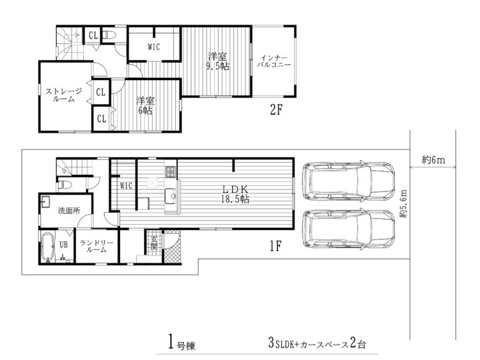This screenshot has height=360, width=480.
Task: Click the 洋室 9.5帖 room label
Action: point(217,61)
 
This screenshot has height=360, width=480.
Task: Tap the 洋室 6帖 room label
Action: point(145,105)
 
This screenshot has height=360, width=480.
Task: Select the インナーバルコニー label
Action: point(274,61)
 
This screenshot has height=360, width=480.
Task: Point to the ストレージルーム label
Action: point(64,95)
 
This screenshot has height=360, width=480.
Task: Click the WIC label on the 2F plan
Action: point(154,47)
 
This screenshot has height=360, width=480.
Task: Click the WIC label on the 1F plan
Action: point(126,185)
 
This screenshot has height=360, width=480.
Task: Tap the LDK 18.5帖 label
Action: point(235,194)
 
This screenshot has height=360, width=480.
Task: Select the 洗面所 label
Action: point(69,211)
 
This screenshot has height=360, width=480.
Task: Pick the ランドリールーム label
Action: point(97,247)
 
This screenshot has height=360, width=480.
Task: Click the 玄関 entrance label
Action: point(154,244)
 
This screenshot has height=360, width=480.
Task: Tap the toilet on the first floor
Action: point(65,185)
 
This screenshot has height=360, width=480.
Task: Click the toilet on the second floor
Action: point(109,35)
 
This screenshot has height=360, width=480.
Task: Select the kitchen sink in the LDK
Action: point(171,195)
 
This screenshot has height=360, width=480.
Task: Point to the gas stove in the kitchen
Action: point(170,172)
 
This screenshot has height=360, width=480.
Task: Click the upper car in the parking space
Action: point(349,181)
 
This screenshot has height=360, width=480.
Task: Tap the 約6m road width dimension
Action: point(433,159)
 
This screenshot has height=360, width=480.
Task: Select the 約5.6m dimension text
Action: point(403,204)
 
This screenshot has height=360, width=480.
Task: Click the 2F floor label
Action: point(276,109)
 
